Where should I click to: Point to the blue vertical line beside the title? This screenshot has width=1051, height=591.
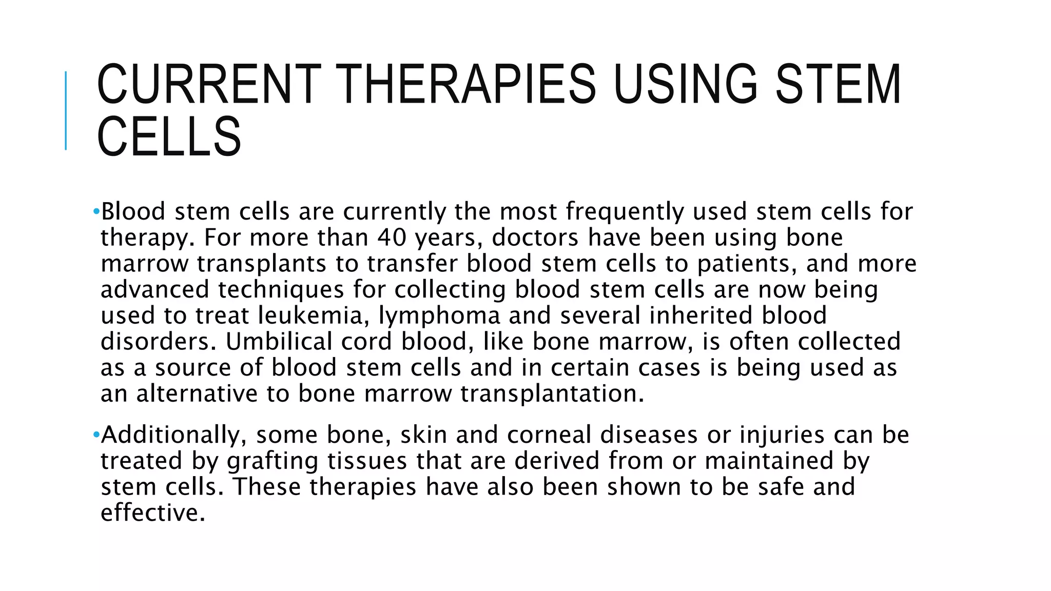pos(66,110)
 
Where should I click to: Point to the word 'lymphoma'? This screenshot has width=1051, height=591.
pos(439,315)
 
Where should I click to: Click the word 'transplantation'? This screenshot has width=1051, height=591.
pos(551,393)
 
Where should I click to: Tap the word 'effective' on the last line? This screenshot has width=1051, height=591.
pos(152,513)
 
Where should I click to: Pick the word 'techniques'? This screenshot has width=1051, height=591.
pos(281,289)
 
